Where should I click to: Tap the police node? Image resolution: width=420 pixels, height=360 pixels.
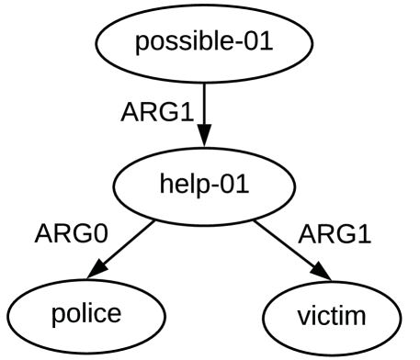tap(85, 314)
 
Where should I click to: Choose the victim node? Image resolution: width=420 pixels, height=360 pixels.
tap(333, 317)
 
